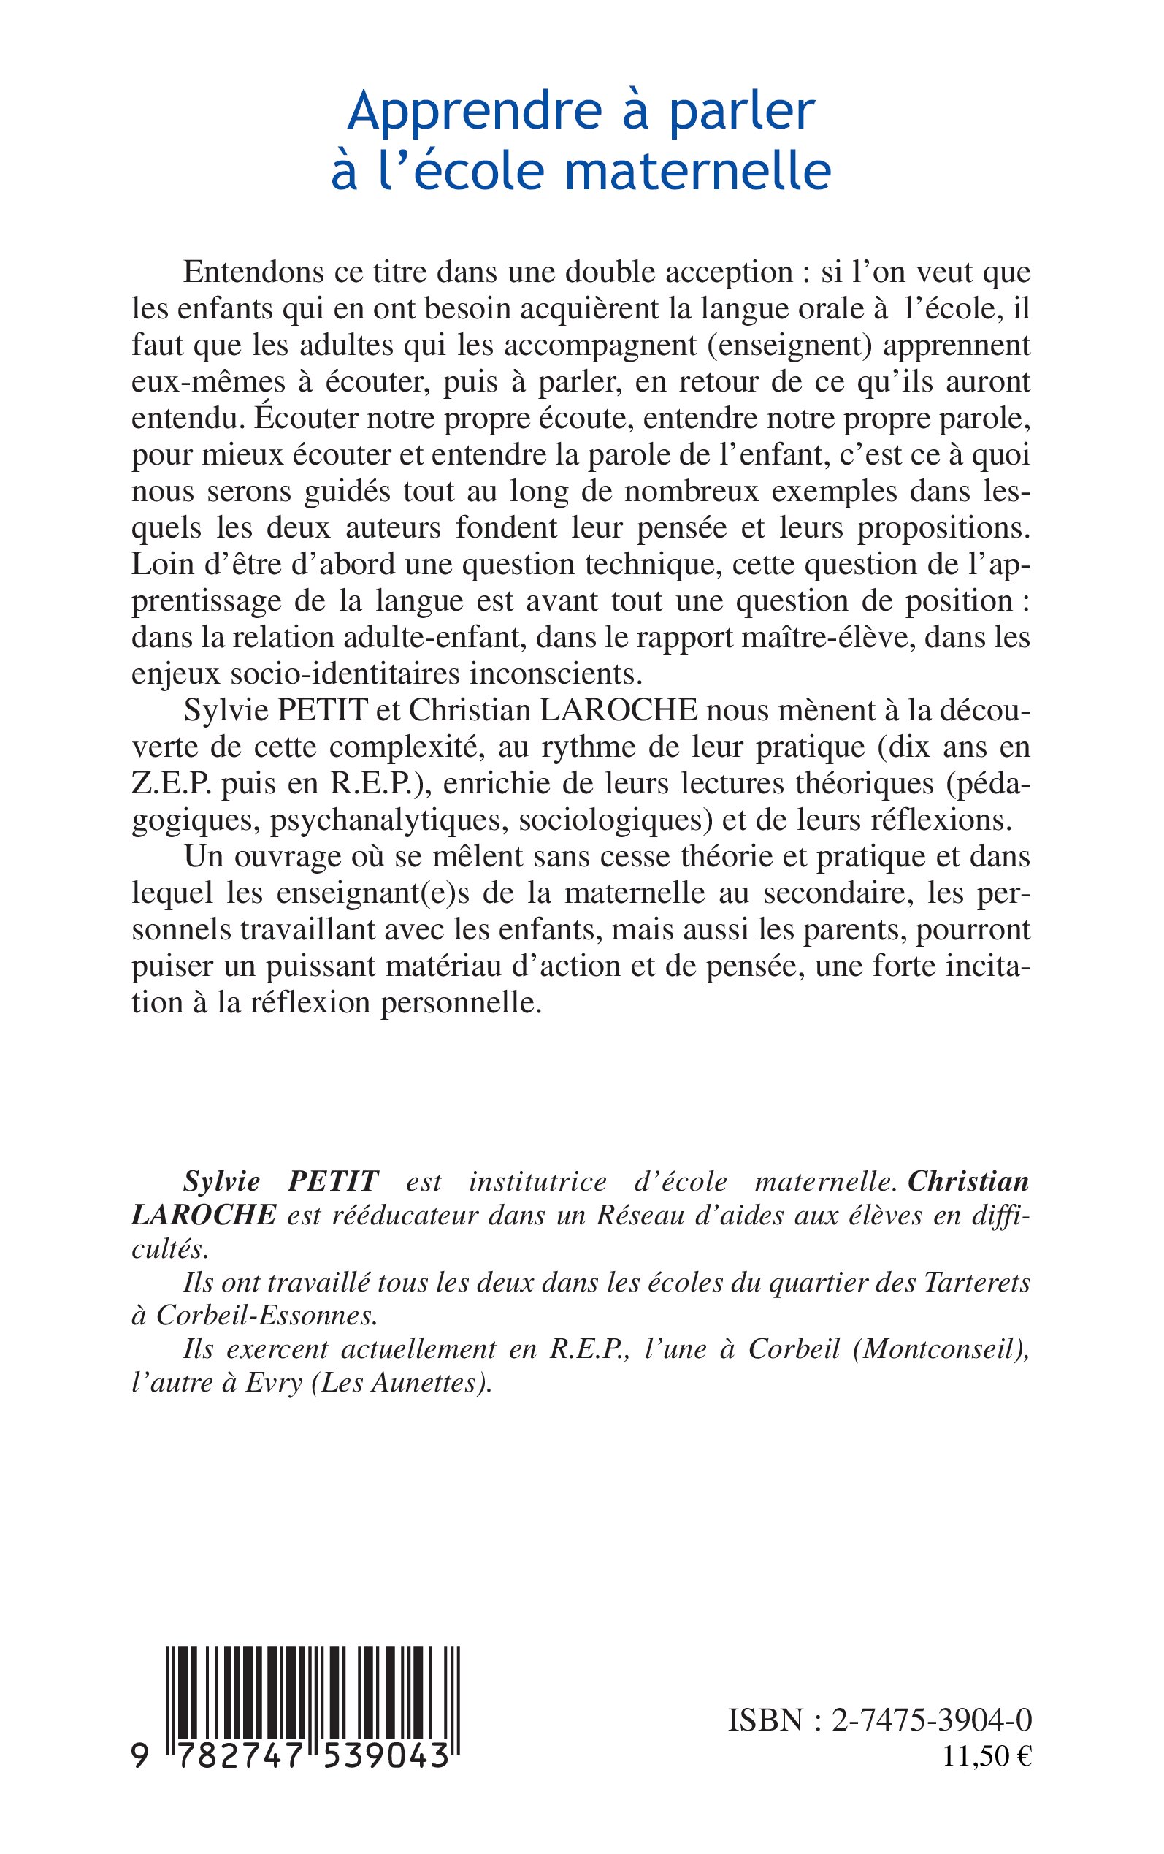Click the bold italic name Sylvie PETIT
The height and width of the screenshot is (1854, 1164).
tap(281, 1181)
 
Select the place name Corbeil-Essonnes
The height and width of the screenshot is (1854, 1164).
tap(267, 1316)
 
